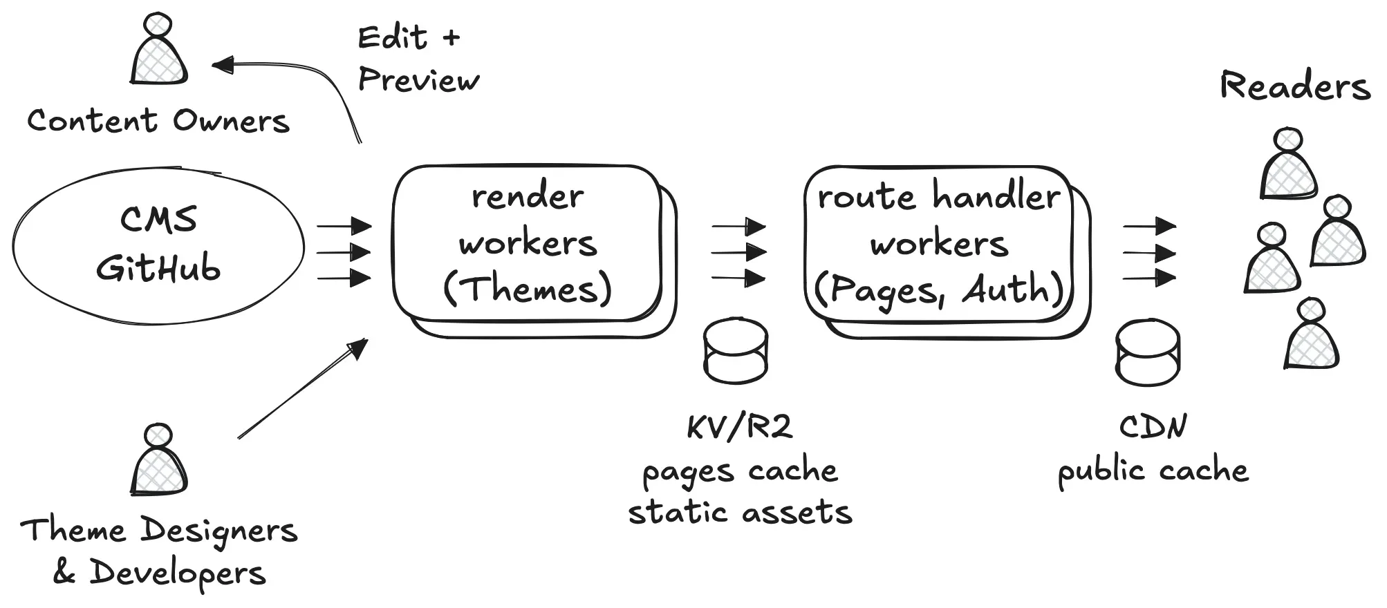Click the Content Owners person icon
click(x=158, y=52)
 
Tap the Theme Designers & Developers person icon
click(x=158, y=462)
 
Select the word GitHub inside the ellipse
click(x=158, y=268)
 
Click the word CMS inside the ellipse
click(x=158, y=220)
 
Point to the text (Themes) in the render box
click(x=528, y=289)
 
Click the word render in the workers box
click(x=528, y=197)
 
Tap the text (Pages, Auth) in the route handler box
click(x=938, y=289)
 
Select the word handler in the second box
click(x=996, y=196)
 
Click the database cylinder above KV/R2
click(x=736, y=350)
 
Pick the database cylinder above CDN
click(x=1148, y=352)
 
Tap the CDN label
click(x=1153, y=427)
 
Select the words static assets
click(x=740, y=513)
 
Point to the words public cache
click(x=1153, y=471)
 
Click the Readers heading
click(x=1294, y=87)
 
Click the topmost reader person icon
click(x=1288, y=166)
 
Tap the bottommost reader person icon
click(x=1311, y=335)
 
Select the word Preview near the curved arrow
click(x=418, y=81)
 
